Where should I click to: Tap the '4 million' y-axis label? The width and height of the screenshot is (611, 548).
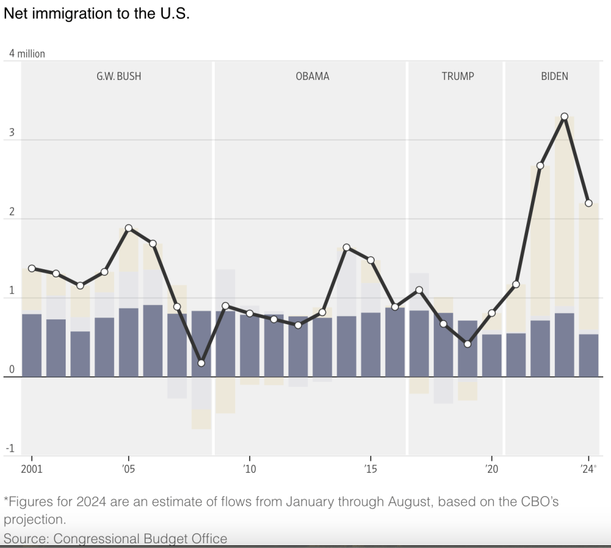point(27,54)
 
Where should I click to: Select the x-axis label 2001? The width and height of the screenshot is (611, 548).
point(32,469)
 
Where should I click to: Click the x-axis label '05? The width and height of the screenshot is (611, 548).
point(128,469)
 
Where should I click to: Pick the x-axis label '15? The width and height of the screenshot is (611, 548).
point(370,469)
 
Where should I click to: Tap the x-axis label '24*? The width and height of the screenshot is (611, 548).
point(588,469)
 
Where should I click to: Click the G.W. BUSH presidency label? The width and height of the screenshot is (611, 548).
point(119,76)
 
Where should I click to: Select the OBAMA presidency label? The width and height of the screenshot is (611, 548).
point(312,76)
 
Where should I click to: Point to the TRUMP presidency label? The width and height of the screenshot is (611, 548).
point(458,76)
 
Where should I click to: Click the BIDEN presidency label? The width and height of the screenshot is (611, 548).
point(554,76)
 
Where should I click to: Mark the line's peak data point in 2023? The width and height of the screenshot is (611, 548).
point(564,116)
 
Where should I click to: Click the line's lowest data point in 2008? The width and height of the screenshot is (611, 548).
point(201,363)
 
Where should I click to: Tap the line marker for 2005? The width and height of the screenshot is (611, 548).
point(128,228)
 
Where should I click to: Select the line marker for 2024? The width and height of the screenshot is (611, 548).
point(588,204)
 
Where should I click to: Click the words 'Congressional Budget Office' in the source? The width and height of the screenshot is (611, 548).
point(140,538)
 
